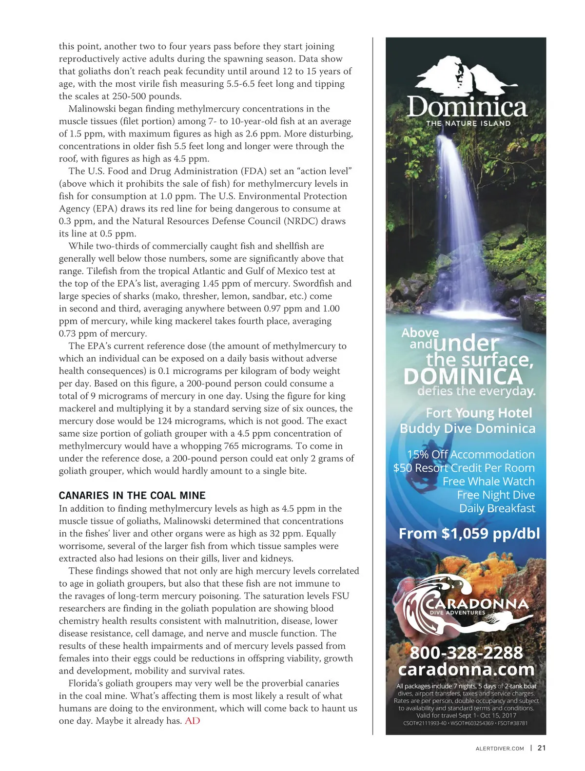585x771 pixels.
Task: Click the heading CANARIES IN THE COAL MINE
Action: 132,496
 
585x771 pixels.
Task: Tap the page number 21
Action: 542,748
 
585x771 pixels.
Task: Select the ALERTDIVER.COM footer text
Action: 500,749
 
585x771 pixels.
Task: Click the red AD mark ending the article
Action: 193,721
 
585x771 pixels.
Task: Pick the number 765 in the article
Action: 231,446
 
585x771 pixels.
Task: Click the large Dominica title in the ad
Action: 467,107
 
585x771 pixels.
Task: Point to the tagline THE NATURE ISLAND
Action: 468,123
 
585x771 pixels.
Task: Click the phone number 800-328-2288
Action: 466,653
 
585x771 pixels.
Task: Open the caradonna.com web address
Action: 466,670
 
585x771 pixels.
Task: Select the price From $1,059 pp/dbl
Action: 469,534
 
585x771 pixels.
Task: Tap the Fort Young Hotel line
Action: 479,413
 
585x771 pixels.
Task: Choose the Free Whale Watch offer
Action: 488,482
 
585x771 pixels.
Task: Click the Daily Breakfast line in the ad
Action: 497,508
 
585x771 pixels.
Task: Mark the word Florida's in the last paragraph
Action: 89,683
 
